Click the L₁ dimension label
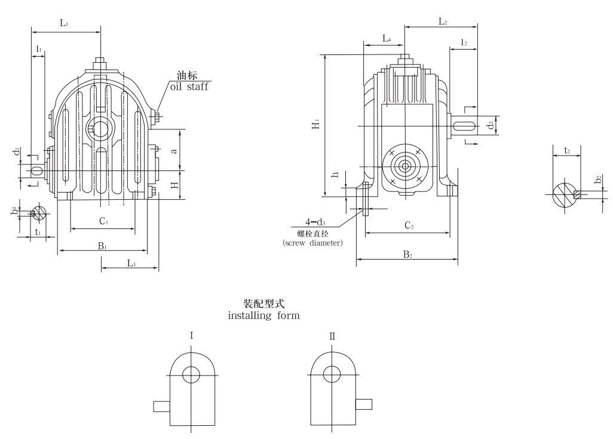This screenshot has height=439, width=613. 64,23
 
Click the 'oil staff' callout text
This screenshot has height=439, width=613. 191,87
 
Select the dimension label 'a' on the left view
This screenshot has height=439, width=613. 174,151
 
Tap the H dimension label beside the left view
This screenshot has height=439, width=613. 174,185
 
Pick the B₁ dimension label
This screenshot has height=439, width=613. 102,245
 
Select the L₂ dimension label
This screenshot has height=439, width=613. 443,22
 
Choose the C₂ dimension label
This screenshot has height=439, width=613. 409,225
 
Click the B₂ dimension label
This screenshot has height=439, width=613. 407,254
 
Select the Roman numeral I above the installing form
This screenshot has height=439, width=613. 191,337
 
